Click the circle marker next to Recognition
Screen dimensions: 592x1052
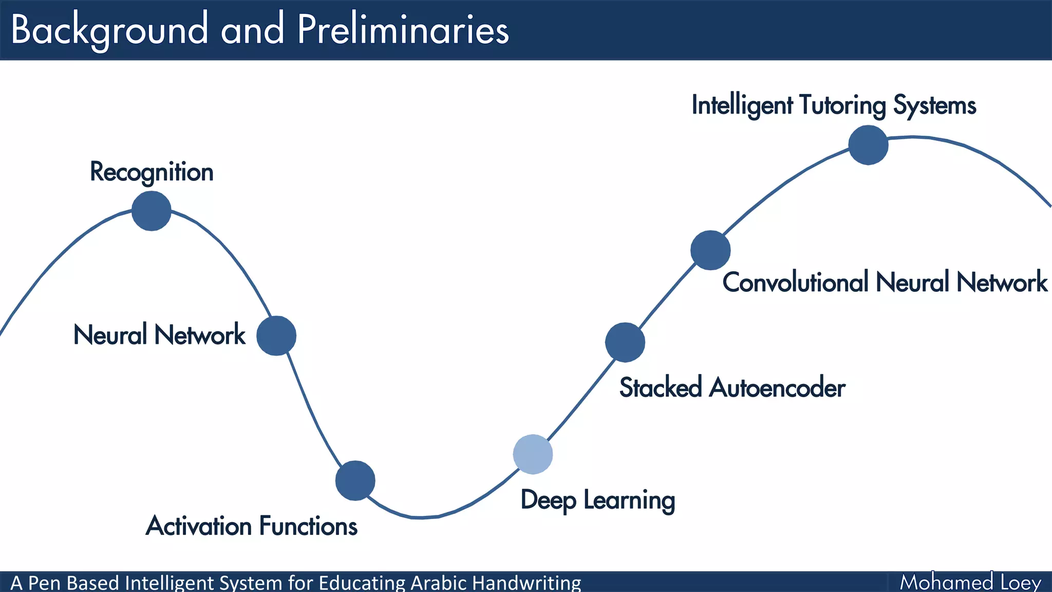(151, 211)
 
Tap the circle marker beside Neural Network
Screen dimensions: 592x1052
(276, 336)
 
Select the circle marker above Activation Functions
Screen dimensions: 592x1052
(355, 480)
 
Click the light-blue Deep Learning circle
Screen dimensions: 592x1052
(533, 454)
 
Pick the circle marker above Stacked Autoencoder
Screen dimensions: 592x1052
(625, 342)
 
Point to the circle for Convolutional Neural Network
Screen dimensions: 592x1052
(710, 250)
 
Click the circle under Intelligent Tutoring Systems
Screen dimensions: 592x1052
(868, 145)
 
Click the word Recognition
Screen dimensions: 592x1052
(152, 172)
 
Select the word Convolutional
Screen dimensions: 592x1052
(795, 283)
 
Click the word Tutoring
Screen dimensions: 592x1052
(842, 105)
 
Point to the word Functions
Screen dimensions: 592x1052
(308, 526)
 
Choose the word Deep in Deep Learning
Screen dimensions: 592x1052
(548, 500)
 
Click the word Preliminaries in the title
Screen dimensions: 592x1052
(403, 29)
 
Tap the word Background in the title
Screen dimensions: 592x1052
(109, 29)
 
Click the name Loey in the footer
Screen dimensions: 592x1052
(1021, 582)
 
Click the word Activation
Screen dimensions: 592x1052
(199, 526)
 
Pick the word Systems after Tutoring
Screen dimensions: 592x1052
(934, 105)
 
